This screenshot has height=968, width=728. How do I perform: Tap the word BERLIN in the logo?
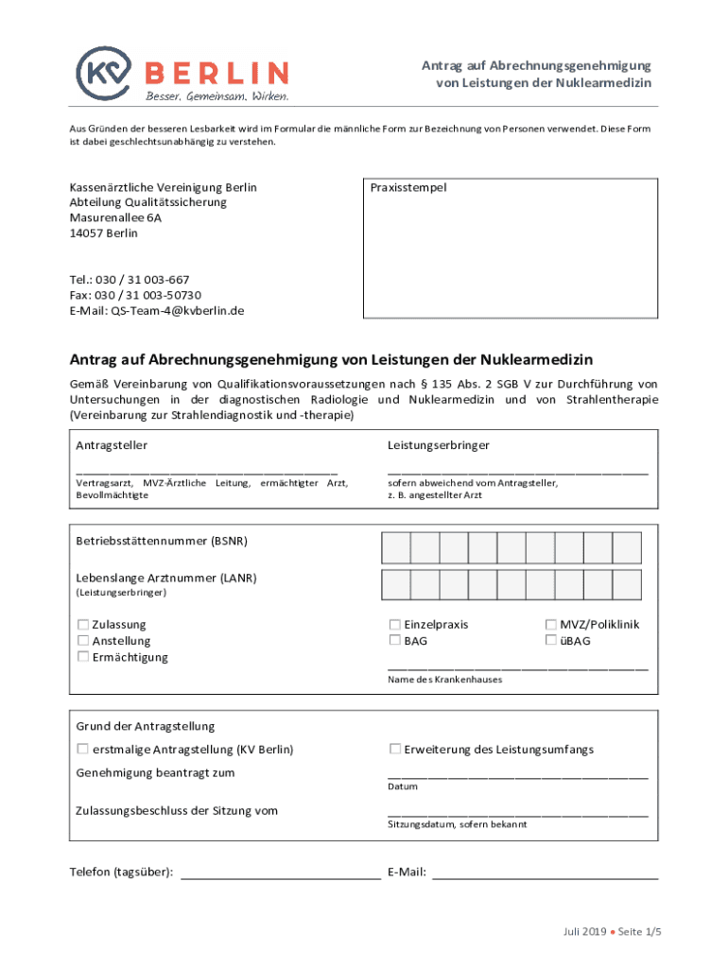[x=217, y=72]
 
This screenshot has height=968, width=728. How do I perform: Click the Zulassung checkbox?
[x=83, y=625]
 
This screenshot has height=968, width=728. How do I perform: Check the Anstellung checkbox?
[x=83, y=641]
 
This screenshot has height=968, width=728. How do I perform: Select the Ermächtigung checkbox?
[x=83, y=657]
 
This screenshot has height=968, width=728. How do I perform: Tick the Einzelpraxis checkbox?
[x=395, y=625]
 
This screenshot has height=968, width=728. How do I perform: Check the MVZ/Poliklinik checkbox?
[x=551, y=625]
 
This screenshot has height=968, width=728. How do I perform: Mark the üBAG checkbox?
[x=551, y=641]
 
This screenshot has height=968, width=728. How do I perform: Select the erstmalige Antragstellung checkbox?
[x=83, y=750]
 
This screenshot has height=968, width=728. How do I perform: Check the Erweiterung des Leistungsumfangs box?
[x=395, y=750]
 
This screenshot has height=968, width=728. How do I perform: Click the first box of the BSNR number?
[x=395, y=547]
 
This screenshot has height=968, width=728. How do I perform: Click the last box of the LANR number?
[x=627, y=584]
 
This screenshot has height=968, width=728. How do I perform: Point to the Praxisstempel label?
[x=408, y=187]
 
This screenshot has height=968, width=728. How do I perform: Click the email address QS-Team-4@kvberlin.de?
[x=178, y=310]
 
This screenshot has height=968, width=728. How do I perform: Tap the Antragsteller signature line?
[x=206, y=470]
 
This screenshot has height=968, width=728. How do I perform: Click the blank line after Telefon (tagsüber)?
[x=280, y=878]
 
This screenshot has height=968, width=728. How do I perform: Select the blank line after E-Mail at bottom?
[x=545, y=878]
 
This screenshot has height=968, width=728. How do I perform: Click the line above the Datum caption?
[x=518, y=776]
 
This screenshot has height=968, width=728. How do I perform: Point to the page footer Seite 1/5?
[x=640, y=932]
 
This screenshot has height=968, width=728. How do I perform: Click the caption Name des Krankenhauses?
[x=444, y=680]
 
